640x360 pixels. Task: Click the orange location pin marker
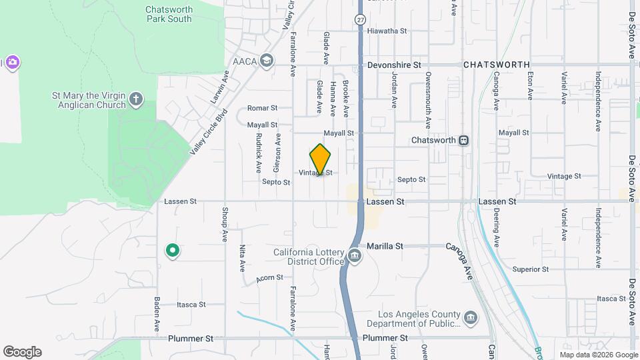[321, 159]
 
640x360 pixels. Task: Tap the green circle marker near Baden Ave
[172, 251]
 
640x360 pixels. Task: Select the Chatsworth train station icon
[463, 141]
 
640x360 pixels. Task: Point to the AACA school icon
[267, 61]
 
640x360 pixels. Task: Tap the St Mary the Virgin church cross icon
[136, 100]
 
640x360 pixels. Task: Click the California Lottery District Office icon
[354, 256]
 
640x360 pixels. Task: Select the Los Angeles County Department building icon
[471, 317]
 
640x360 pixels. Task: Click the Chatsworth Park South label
[169, 14]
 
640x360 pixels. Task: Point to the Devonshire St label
[395, 65]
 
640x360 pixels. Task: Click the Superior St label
[530, 269]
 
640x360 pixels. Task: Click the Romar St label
[261, 108]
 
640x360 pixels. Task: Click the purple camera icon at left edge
[12, 63]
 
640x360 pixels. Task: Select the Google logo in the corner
[22, 352]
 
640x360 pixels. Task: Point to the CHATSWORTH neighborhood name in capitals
[496, 65]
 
